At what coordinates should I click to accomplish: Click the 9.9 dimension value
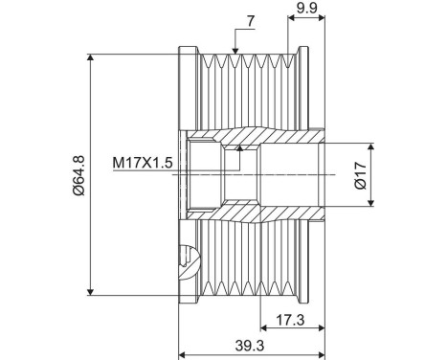(307, 9)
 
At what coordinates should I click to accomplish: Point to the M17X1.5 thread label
(142, 163)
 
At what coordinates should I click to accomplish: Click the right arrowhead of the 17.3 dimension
(323, 331)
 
